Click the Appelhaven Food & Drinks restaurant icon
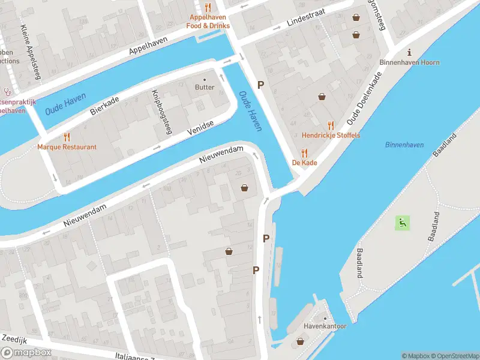point(208,7)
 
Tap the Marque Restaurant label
point(67,147)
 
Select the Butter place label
point(204,87)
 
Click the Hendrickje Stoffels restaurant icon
point(331,125)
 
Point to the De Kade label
point(304,163)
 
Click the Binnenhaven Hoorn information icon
point(409,52)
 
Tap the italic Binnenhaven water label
point(404,145)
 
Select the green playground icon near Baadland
point(401,223)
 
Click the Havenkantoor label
point(325,326)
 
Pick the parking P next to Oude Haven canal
point(260,85)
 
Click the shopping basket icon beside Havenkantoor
point(301,342)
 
